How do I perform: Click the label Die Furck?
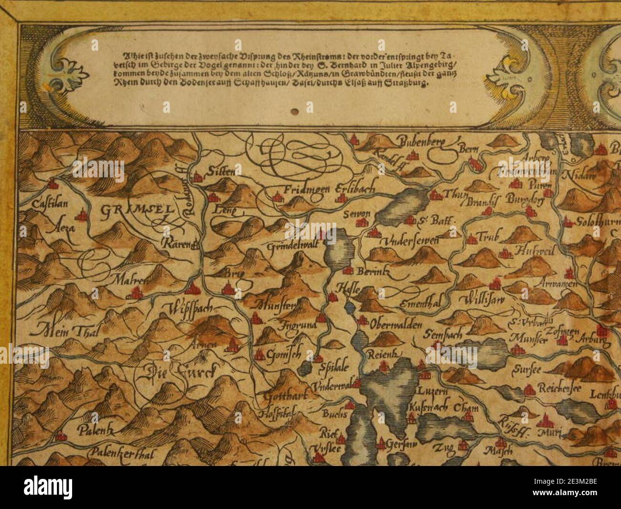click(181, 370)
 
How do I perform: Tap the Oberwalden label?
click(396, 325)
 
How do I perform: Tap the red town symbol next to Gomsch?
click(260, 355)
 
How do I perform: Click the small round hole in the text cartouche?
click(295, 111)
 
